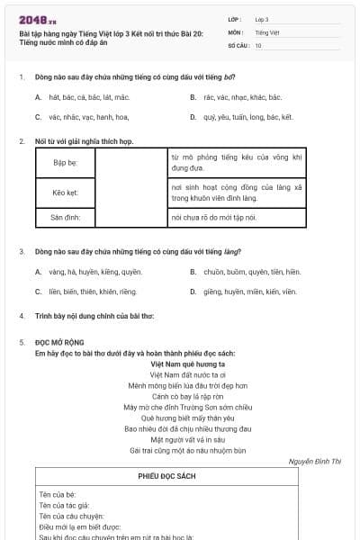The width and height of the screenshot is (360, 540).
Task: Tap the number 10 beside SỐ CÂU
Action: (x=259, y=44)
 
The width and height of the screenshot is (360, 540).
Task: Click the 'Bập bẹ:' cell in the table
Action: (x=66, y=163)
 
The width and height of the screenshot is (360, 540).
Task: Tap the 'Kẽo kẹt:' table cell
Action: (x=66, y=193)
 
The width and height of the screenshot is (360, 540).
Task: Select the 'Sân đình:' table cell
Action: (x=66, y=218)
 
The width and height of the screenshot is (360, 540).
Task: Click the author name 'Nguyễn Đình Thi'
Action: (x=315, y=461)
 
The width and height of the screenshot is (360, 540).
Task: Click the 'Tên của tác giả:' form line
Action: (x=64, y=506)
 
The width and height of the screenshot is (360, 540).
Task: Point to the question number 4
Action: (x=21, y=317)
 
